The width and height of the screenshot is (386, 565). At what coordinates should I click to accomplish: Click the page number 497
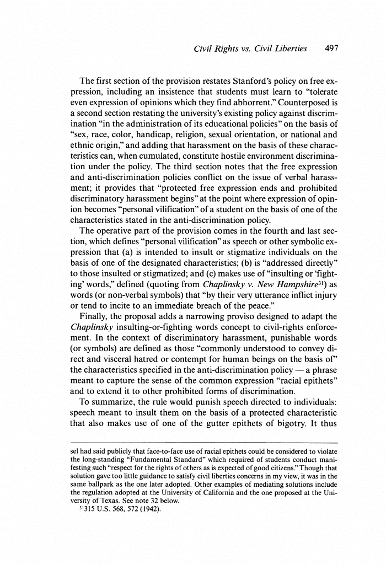tap(331, 49)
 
